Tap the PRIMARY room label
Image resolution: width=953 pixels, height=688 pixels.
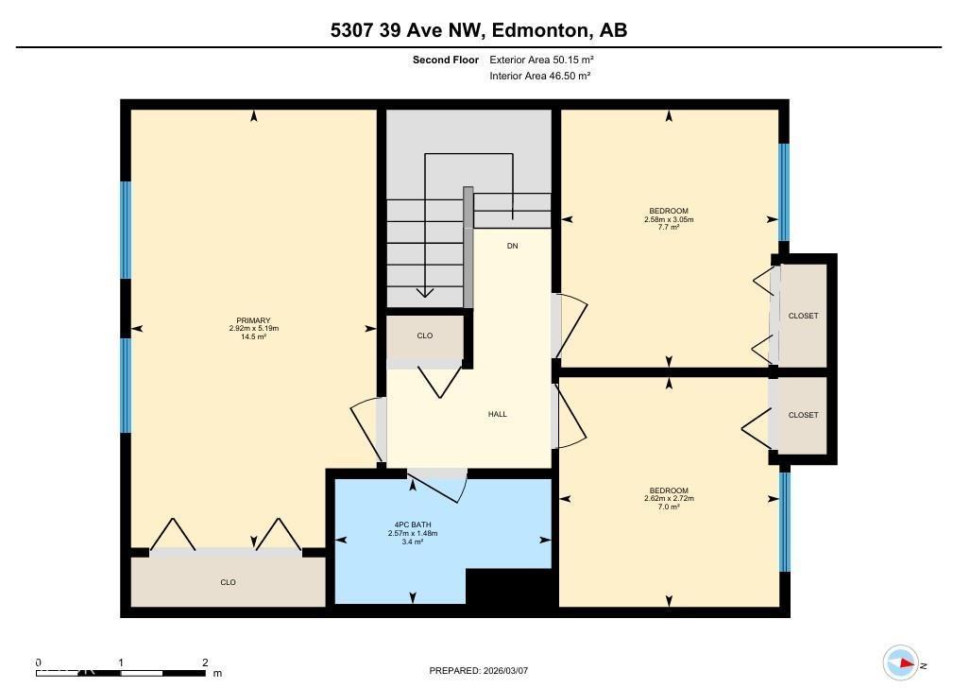(x=253, y=320)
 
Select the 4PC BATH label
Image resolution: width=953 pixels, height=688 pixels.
(x=413, y=525)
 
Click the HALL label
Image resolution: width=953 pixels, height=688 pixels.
(x=497, y=414)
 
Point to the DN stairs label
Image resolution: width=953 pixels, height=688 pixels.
(x=512, y=246)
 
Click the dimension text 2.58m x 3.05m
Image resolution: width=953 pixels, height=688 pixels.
(x=668, y=219)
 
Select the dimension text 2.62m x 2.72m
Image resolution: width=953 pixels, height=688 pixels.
(x=668, y=498)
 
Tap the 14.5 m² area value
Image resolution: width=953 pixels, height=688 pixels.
(x=253, y=336)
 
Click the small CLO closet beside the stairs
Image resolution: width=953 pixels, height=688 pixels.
(x=425, y=335)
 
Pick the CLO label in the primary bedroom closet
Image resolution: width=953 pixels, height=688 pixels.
(x=228, y=582)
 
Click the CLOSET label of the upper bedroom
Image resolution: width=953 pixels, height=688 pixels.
(x=803, y=316)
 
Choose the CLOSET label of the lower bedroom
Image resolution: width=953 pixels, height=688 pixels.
(x=803, y=415)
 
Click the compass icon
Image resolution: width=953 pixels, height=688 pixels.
(x=900, y=663)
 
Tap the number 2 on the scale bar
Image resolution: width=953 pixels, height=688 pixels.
(x=205, y=662)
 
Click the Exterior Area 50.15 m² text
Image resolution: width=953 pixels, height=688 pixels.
(x=541, y=60)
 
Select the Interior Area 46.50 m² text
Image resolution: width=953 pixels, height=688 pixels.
(x=539, y=76)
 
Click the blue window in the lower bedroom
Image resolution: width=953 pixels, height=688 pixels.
(x=784, y=522)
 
